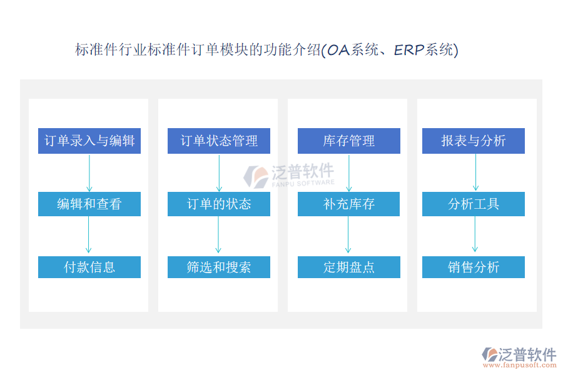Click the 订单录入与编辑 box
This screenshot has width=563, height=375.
(x=89, y=141)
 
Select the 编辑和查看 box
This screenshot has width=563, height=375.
(x=89, y=204)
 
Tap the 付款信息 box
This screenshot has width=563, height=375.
(x=89, y=267)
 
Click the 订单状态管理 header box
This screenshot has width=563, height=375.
(x=219, y=141)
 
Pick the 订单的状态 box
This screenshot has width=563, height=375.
(x=219, y=204)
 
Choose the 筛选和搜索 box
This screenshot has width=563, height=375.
(x=219, y=267)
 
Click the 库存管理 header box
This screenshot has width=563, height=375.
(x=348, y=141)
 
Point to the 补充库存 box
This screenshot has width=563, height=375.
(x=348, y=204)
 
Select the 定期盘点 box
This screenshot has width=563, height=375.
(x=348, y=267)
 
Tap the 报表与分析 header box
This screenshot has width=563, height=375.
(x=474, y=141)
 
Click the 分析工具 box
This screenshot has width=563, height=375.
(x=474, y=204)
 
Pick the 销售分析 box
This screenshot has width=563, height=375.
(x=474, y=267)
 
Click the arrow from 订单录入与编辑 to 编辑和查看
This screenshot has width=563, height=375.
(x=89, y=172)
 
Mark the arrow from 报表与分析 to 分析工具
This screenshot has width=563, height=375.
(x=475, y=172)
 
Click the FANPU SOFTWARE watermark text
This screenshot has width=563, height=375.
(x=303, y=182)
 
